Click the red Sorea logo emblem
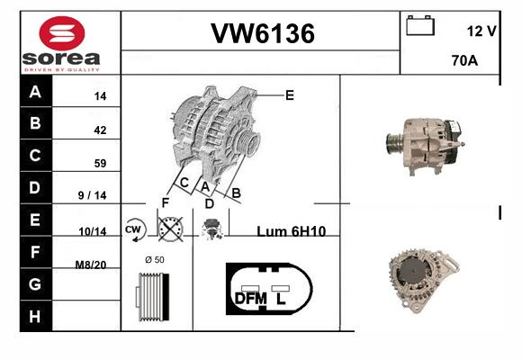click(62, 33)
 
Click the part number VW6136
click(263, 33)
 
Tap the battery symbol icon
click(420, 25)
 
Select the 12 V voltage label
click(481, 31)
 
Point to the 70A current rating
click(464, 60)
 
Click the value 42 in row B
click(100, 130)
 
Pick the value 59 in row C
click(100, 163)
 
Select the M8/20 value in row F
click(91, 265)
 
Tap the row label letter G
click(35, 284)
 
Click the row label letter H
click(34, 316)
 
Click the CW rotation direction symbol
click(134, 229)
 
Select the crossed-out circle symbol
click(170, 229)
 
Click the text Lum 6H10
click(291, 231)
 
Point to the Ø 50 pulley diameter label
click(155, 259)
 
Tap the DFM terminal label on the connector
click(251, 299)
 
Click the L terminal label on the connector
click(281, 299)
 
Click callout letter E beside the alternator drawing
click(290, 95)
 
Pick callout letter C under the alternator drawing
click(184, 183)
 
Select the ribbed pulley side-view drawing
click(152, 297)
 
